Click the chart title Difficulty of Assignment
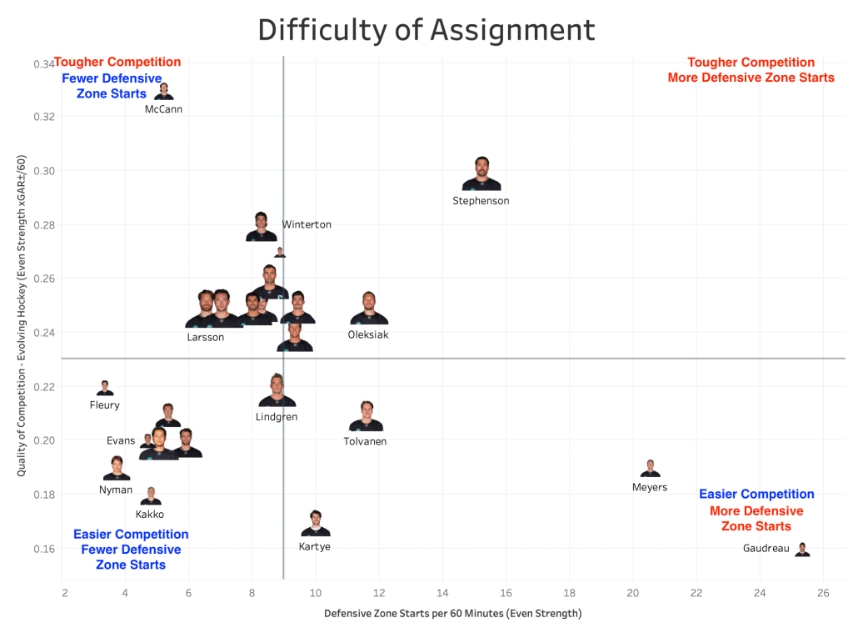[x=426, y=30]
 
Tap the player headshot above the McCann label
[x=164, y=92]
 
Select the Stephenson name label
[x=481, y=201]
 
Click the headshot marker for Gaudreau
[x=802, y=549]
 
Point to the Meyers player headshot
[x=650, y=469]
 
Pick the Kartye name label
[x=315, y=547]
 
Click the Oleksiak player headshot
[x=369, y=309]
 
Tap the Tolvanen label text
[x=365, y=441]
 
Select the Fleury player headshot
[x=105, y=388]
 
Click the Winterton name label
[x=307, y=224]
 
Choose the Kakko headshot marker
[x=151, y=496]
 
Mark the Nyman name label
[x=116, y=490]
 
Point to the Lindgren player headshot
[x=277, y=391]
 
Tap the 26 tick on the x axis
[x=823, y=593]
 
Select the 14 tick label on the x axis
[x=442, y=593]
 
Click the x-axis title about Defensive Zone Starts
[x=452, y=614]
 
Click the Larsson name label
[x=205, y=337]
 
